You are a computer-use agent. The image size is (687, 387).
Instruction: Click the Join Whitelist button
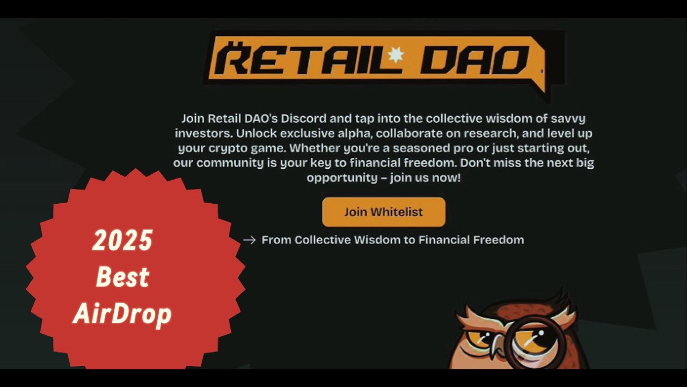pyautogui.click(x=383, y=212)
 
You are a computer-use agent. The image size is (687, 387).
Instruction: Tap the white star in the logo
pyautogui.click(x=395, y=55)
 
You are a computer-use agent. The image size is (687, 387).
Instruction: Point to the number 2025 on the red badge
pyautogui.click(x=122, y=240)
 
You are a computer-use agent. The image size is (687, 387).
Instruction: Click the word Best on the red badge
pyautogui.click(x=122, y=277)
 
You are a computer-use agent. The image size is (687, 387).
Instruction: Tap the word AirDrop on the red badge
pyautogui.click(x=122, y=314)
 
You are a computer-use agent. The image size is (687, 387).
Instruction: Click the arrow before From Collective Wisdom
pyautogui.click(x=249, y=240)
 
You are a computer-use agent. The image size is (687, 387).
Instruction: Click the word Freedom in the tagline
pyautogui.click(x=498, y=240)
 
